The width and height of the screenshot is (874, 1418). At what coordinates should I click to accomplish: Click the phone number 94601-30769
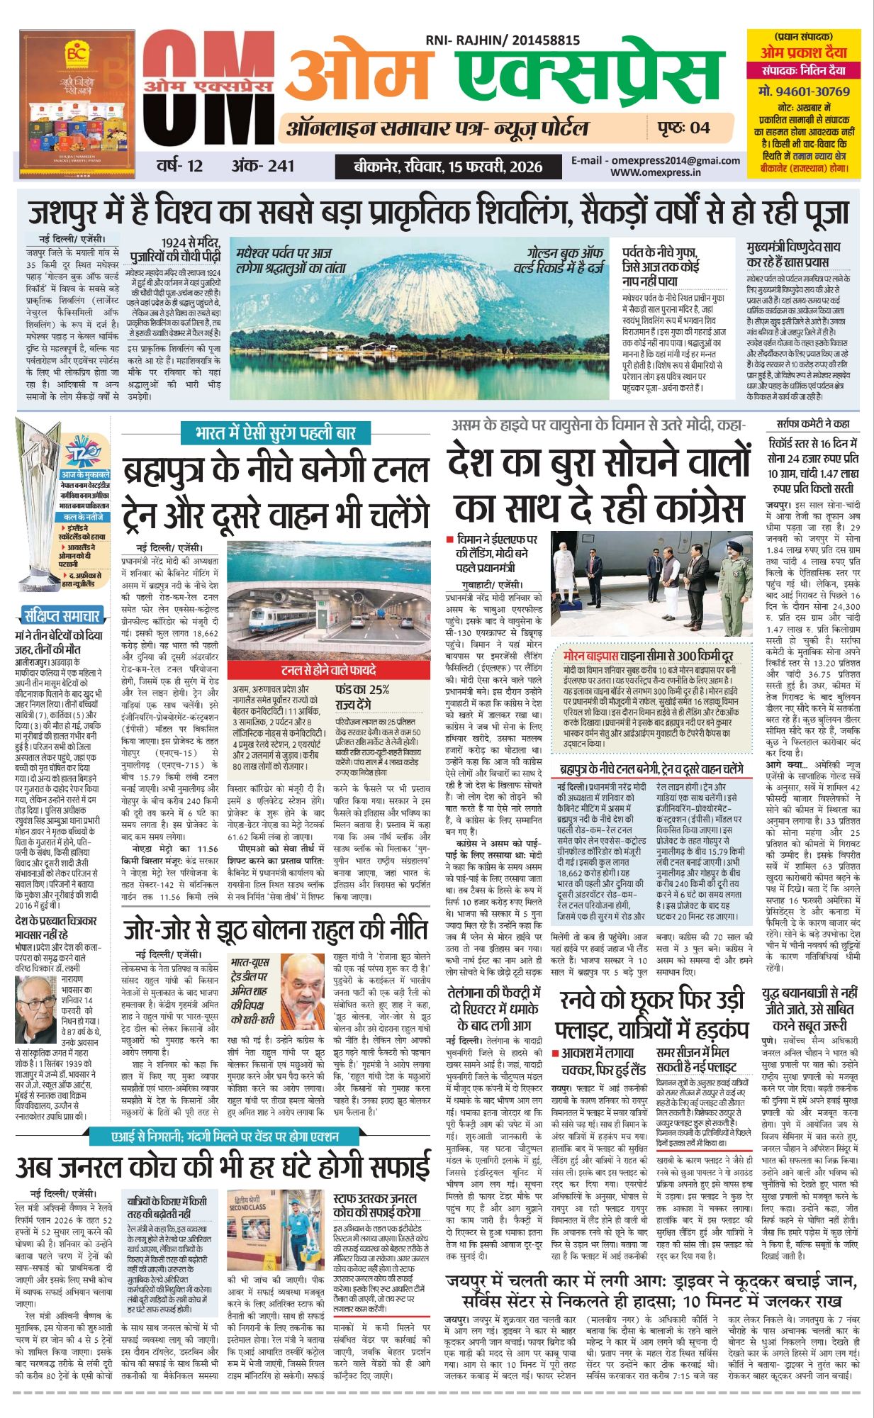point(804,91)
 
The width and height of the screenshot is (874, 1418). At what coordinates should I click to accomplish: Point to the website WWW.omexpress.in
point(656,172)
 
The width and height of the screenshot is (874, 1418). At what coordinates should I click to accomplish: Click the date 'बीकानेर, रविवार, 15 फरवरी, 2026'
point(448,167)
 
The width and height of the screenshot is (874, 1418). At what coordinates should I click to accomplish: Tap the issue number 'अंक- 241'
point(262,166)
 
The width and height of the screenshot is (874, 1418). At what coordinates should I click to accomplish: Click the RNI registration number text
point(503,41)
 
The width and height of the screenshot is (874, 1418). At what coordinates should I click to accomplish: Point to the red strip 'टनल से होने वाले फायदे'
point(327,669)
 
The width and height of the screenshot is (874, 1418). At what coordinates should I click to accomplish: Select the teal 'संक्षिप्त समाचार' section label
point(62,615)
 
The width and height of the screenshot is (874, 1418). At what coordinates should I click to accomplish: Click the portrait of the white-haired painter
point(36,1006)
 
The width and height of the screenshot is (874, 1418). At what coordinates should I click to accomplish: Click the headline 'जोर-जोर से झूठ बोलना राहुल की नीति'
point(276,929)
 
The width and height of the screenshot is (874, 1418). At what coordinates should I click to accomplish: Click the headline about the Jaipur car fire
point(651,1292)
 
